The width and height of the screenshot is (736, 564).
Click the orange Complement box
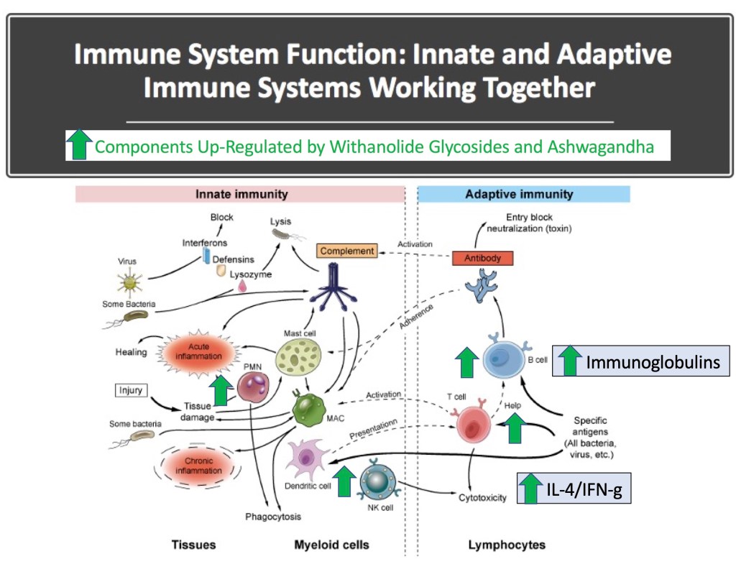click(x=347, y=251)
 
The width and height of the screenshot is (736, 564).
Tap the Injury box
click(x=131, y=391)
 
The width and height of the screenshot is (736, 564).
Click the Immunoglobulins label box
click(x=641, y=362)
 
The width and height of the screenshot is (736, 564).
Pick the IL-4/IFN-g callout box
click(x=574, y=489)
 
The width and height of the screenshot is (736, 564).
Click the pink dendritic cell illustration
click(x=307, y=456)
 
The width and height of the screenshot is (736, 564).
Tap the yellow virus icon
click(x=129, y=282)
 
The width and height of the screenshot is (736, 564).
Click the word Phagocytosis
click(x=272, y=517)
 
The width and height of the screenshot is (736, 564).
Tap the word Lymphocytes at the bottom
click(x=507, y=545)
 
